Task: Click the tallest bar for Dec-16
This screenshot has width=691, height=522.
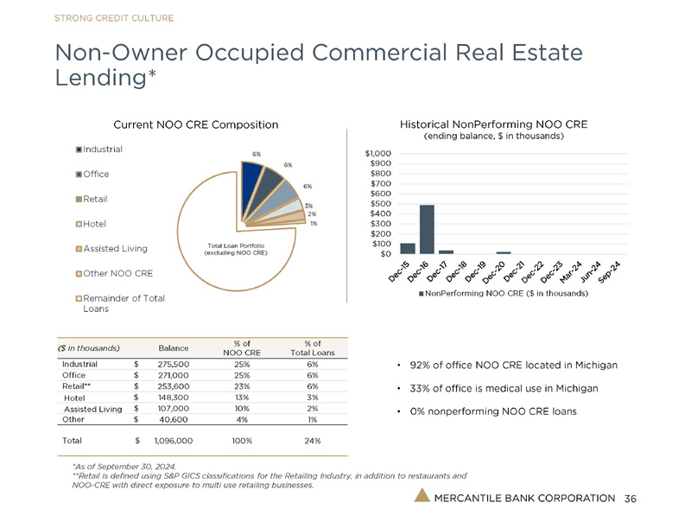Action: pyautogui.click(x=427, y=229)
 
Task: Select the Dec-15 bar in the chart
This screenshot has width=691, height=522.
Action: pyautogui.click(x=408, y=249)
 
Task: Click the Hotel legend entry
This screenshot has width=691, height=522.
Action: pyautogui.click(x=95, y=224)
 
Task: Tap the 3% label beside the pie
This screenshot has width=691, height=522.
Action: pyautogui.click(x=308, y=205)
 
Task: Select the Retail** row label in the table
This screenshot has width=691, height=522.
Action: pyautogui.click(x=80, y=387)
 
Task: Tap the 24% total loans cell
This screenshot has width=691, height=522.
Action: pyautogui.click(x=312, y=441)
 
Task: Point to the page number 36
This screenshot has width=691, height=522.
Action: pyautogui.click(x=630, y=499)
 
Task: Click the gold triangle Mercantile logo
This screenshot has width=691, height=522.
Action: pyautogui.click(x=421, y=496)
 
